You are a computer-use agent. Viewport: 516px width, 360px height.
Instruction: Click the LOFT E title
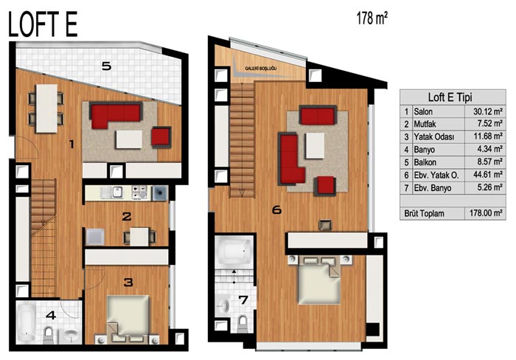click(x=43, y=24)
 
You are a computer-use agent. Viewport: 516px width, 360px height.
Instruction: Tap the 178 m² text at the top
click(x=372, y=18)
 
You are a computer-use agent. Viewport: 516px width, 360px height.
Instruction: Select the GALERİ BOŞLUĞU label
click(x=261, y=69)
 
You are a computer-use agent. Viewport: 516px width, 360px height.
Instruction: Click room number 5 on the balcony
click(x=106, y=66)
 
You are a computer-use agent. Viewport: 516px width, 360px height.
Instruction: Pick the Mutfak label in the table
click(x=425, y=124)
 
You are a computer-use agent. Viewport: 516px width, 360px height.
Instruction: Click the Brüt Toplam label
click(x=424, y=213)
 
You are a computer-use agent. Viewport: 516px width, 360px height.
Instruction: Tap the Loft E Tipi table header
click(x=450, y=97)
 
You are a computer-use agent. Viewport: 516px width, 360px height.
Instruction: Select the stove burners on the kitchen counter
click(x=139, y=193)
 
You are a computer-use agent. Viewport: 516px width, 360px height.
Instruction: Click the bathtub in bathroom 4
click(x=26, y=323)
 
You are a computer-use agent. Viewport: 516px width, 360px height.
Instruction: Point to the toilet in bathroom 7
click(x=243, y=323)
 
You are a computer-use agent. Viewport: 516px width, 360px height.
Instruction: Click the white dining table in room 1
click(x=46, y=108)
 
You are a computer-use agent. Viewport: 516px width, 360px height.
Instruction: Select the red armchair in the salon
click(x=161, y=136)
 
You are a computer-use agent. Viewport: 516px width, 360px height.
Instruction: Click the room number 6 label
click(x=276, y=210)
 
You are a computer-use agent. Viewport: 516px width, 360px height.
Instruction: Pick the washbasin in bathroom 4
click(x=71, y=335)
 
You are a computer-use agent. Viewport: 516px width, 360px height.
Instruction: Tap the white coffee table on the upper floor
click(x=315, y=145)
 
